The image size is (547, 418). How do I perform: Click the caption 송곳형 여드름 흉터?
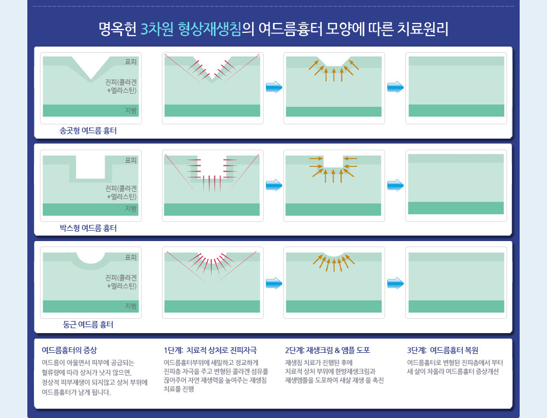point(88,131)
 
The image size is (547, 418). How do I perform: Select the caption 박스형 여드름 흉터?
point(88,228)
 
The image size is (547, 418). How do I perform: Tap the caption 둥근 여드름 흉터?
point(88,325)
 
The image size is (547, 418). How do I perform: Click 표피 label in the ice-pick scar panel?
point(131,62)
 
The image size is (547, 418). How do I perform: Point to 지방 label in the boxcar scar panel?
point(131,209)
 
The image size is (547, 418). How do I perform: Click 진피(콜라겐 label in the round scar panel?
point(121,278)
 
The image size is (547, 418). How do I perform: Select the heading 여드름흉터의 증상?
point(69,350)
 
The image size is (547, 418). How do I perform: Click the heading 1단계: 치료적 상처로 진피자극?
point(211,350)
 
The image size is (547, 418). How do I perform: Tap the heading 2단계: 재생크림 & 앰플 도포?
point(328,350)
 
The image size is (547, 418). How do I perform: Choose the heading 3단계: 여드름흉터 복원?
point(443,350)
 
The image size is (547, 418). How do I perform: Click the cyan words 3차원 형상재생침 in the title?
point(191,29)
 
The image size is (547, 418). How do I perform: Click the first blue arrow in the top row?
point(274,87)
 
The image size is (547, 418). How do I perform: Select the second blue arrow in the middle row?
point(395,185)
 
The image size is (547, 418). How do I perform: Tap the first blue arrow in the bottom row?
point(274,283)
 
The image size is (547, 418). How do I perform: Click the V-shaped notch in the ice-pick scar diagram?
point(91,66)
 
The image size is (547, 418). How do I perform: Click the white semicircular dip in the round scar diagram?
point(91,257)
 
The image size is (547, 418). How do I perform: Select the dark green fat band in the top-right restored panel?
point(456,111)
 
